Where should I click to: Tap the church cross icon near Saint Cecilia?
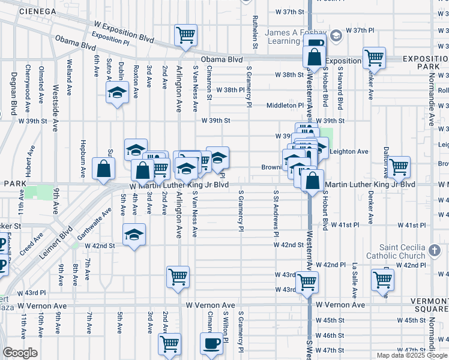(436, 250)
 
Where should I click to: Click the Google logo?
(20, 352)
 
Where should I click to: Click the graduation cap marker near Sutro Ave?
(117, 92)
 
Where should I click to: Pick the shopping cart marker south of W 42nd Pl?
(382, 278)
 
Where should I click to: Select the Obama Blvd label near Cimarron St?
(221, 59)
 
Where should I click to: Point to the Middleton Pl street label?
(286, 106)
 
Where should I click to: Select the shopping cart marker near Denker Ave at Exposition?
(374, 58)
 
